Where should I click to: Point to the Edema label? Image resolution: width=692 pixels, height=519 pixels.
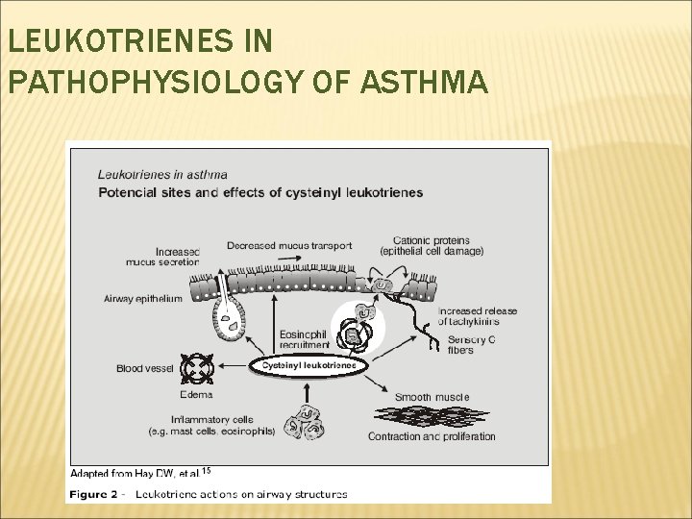pos(195,394)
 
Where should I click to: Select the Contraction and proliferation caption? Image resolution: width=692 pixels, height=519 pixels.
pos(432,436)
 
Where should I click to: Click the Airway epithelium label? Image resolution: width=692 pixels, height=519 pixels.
pos(143,299)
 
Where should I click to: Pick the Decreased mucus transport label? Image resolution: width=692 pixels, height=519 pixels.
pos(289,245)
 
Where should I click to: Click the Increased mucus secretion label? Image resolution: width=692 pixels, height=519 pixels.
pos(162,255)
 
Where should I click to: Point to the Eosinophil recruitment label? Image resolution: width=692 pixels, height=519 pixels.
pos(304,339)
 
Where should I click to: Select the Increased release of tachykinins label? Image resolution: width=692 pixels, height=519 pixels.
pos(478,316)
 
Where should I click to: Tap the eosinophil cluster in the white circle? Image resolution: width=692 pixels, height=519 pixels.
pos(358,327)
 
